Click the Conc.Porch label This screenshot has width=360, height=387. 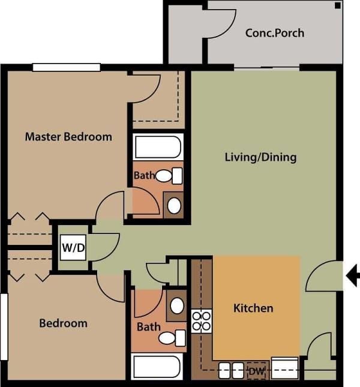(274, 32)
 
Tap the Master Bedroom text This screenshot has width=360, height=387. (68, 137)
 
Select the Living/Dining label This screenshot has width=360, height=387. (260, 158)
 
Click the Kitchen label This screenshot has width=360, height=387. (253, 308)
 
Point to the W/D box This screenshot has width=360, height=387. (72, 247)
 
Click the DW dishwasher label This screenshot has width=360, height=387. (257, 371)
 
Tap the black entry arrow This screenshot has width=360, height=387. (353, 275)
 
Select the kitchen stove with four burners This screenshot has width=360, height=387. (201, 321)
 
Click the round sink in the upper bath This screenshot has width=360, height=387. (174, 206)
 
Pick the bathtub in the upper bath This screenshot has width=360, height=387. (158, 147)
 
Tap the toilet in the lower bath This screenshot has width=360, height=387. (170, 338)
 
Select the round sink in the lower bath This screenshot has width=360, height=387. (177, 305)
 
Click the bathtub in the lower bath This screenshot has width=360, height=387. (157, 367)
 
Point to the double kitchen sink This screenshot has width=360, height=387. (230, 371)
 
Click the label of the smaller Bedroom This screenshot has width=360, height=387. (63, 323)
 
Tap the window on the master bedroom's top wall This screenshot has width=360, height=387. (66, 67)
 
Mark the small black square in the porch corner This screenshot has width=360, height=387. (338, 5)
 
